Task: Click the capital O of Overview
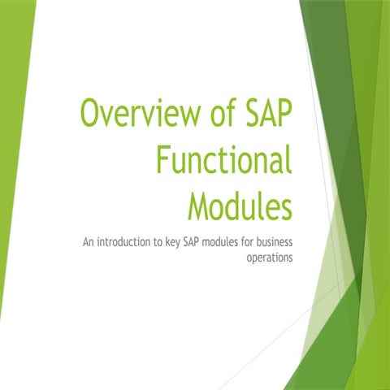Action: coord(91,113)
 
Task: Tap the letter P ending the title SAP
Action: coord(282,113)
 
